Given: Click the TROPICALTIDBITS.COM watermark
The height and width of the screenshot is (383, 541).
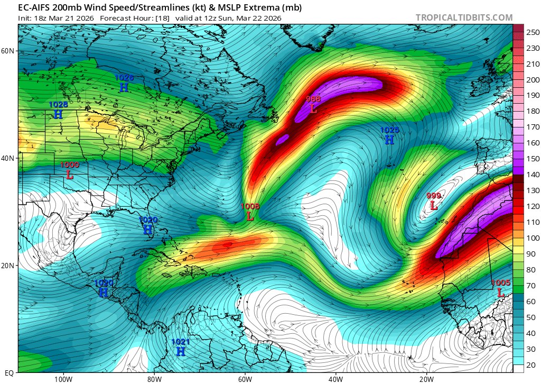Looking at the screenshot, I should click(x=464, y=18).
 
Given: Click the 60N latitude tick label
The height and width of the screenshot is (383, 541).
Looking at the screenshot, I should click(x=7, y=51).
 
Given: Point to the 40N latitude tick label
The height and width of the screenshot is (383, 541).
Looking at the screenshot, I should click(x=7, y=158).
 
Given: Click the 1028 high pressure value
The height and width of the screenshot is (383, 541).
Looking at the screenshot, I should click(x=58, y=105).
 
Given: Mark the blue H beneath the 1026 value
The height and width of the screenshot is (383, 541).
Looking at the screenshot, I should click(x=124, y=88).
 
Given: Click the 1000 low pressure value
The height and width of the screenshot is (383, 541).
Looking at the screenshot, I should click(x=70, y=165).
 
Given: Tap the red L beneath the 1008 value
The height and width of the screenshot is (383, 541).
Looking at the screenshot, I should click(x=250, y=216).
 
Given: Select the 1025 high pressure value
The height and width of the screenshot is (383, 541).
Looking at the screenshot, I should click(x=389, y=130).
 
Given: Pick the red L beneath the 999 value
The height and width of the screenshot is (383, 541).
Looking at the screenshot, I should click(x=434, y=205).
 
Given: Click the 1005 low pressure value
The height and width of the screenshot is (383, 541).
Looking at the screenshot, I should click(x=500, y=283).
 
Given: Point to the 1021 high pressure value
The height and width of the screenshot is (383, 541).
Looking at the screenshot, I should click(x=181, y=342).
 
